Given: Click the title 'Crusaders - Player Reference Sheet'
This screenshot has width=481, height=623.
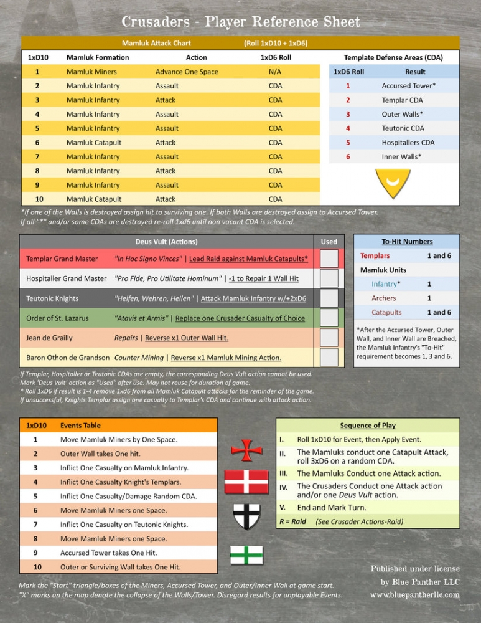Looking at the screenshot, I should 240,22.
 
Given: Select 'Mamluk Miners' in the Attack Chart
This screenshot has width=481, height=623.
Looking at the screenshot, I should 91,72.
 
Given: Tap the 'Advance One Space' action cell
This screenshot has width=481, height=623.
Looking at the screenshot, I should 187,72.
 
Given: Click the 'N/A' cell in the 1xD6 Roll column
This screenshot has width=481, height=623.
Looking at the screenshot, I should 274,72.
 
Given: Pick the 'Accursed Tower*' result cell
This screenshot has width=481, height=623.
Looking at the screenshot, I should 408,86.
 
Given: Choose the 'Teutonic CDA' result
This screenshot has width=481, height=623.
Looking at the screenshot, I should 402,128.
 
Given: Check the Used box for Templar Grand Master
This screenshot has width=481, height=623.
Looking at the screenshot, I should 329,258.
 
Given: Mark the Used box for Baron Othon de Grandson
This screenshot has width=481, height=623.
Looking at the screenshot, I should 329,358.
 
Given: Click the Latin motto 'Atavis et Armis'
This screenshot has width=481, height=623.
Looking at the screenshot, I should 142,318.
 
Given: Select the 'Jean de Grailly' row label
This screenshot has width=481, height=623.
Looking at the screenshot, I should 49,338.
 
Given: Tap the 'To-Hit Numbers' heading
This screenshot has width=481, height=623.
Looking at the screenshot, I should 407,241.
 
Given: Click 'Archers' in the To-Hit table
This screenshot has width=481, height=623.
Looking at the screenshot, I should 384,298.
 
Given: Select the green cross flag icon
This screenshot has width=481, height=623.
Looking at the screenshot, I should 246,554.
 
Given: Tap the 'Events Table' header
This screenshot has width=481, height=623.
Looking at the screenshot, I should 80,426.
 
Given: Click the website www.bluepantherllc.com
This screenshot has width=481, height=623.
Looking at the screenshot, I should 414,595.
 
